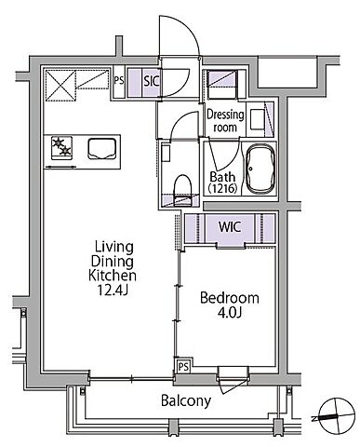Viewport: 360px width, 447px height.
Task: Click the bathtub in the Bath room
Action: [x=260, y=169]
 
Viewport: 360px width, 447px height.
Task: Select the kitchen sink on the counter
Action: [x=102, y=149]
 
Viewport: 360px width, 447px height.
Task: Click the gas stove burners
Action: [x=62, y=148]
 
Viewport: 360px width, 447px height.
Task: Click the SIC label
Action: [x=152, y=81]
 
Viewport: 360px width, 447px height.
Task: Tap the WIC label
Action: [x=230, y=227]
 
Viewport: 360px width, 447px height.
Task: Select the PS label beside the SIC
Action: [x=119, y=81]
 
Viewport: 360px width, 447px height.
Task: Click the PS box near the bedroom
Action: [x=183, y=367]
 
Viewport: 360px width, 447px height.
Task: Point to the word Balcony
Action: [x=186, y=400]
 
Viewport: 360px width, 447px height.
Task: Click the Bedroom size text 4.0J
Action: [x=230, y=313]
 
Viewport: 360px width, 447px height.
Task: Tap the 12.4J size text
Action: [x=113, y=290]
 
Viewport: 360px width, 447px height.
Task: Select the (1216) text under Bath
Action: [x=222, y=188]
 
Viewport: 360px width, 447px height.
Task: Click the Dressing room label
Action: [x=225, y=121]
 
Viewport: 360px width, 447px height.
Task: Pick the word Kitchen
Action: [x=113, y=276]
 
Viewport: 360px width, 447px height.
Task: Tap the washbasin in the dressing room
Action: [x=258, y=118]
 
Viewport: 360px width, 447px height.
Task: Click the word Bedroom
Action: [x=230, y=298]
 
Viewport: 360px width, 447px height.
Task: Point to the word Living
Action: [x=114, y=248]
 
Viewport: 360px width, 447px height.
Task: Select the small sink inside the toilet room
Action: [x=166, y=153]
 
